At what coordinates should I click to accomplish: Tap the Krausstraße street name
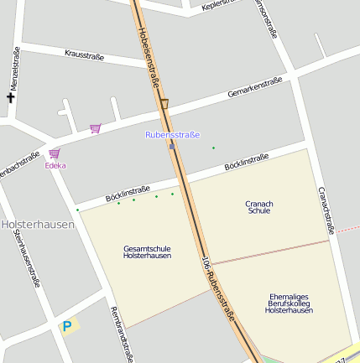84,55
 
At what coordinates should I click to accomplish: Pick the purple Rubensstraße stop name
172,134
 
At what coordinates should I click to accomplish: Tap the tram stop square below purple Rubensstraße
172,145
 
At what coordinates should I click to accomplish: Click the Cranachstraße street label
326,210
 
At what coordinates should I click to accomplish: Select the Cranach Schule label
259,207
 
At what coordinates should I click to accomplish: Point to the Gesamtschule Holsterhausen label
147,252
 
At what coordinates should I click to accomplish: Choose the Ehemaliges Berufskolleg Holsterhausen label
289,303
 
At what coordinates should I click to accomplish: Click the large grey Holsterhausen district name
38,225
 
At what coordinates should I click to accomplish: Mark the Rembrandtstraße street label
122,334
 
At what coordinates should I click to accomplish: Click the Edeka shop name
55,166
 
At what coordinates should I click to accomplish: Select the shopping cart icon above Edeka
55,153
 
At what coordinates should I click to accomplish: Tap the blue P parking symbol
66,326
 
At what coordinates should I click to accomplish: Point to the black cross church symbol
11,98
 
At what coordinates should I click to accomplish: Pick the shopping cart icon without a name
95,128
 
